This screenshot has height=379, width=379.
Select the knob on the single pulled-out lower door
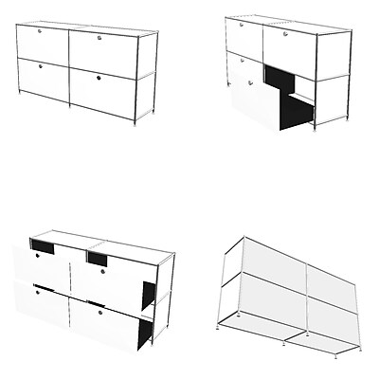coord(249,83)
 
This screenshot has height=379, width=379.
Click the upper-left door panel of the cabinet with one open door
coord(242,38)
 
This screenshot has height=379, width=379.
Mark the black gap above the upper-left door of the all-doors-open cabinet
coord(42,247)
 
